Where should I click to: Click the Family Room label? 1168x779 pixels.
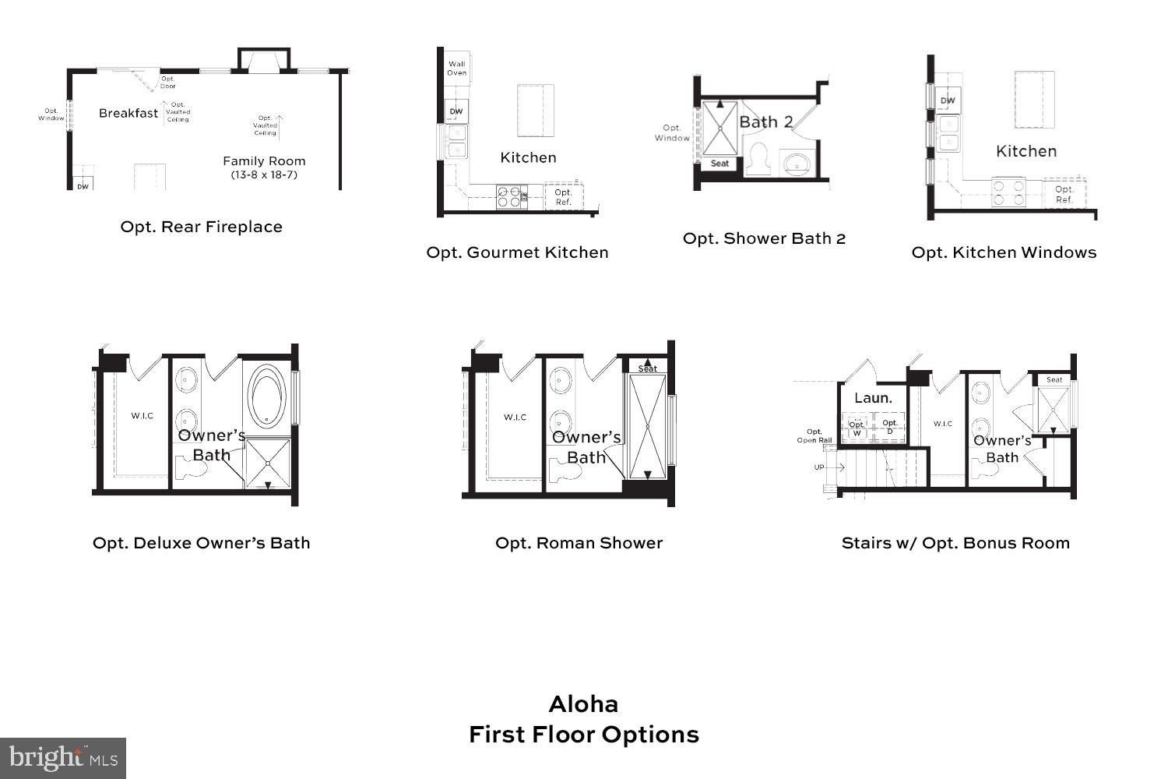(264, 161)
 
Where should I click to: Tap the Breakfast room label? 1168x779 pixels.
(128, 114)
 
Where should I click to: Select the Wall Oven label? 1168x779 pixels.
(457, 69)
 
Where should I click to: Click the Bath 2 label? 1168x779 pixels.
(765, 122)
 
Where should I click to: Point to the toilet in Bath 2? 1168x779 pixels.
(757, 160)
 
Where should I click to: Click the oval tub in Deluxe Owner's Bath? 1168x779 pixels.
(268, 396)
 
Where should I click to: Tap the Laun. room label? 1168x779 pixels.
(873, 398)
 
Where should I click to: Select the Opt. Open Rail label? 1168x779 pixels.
(814, 435)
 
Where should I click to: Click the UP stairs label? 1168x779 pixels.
(819, 467)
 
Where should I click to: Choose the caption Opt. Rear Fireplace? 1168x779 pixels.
(201, 227)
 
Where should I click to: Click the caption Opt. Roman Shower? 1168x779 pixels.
(579, 543)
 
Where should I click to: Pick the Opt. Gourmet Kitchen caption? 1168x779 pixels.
(517, 252)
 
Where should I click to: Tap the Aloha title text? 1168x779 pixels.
(583, 704)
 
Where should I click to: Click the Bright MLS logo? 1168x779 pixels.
(62, 757)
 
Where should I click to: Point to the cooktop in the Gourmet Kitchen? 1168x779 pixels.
(508, 196)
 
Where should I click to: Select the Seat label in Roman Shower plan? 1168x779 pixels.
(647, 368)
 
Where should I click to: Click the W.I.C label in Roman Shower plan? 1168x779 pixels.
(515, 418)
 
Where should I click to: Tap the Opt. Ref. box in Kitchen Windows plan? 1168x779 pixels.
(1064, 194)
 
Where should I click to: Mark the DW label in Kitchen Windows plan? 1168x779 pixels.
(947, 100)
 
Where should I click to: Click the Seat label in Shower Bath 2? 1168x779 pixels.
(719, 164)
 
